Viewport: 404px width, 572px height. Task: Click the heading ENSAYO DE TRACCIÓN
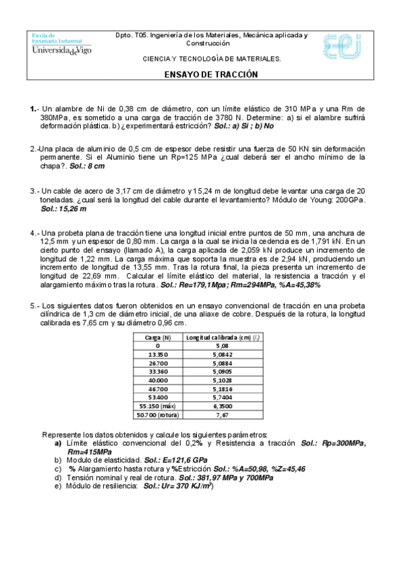(x=211, y=76)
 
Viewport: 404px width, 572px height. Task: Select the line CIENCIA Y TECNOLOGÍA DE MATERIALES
(x=211, y=59)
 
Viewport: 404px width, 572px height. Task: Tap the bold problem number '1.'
(x=33, y=108)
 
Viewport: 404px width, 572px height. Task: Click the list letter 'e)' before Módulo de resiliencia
(x=58, y=486)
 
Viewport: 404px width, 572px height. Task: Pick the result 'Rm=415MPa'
(x=90, y=451)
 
